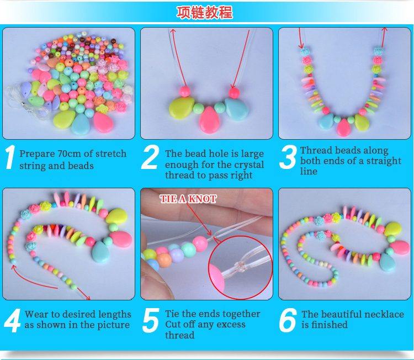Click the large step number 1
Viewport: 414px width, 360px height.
pyautogui.click(x=10, y=157)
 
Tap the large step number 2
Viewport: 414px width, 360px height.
pyautogui.click(x=150, y=157)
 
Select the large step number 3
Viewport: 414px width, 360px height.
pyautogui.click(x=288, y=157)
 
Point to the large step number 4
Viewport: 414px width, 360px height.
pyautogui.click(x=12, y=320)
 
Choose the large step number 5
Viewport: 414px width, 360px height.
pyautogui.click(x=151, y=320)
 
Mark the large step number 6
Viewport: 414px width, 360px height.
pyautogui.click(x=288, y=320)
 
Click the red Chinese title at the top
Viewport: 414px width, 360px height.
pyautogui.click(x=205, y=12)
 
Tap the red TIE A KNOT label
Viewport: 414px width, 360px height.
pyautogui.click(x=188, y=199)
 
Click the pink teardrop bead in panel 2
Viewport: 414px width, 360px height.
pyautogui.click(x=209, y=120)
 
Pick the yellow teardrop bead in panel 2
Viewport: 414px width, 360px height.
pyautogui.click(x=182, y=108)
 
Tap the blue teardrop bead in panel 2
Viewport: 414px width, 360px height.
pyautogui.click(x=237, y=109)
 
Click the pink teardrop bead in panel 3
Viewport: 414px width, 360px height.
pyautogui.click(x=343, y=128)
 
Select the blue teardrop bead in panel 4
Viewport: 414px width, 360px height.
pyautogui.click(x=100, y=252)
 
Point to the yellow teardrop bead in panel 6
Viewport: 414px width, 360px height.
pyautogui.click(x=392, y=229)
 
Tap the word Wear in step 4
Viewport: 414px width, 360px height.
pyautogui.click(x=36, y=314)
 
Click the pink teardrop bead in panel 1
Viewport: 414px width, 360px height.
pyautogui.click(x=104, y=123)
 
